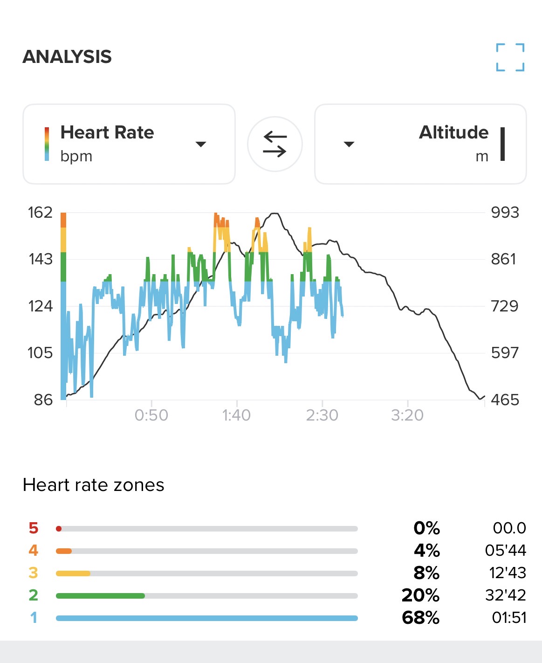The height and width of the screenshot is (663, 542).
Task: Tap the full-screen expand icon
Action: (510, 57)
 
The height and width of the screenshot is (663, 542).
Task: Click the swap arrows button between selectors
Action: (275, 144)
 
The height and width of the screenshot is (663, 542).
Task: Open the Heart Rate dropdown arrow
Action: (201, 144)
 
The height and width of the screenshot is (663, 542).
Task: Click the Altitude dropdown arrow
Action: (349, 144)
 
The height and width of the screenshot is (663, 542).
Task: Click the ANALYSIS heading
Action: (67, 57)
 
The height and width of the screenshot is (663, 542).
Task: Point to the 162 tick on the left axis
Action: (40, 213)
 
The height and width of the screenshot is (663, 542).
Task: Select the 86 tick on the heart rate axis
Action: (43, 400)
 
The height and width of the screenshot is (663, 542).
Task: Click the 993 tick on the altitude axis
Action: (505, 213)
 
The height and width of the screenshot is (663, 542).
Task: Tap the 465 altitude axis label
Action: (505, 400)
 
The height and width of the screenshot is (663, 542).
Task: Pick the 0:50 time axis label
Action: (151, 415)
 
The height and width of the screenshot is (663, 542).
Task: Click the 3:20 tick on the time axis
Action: (407, 415)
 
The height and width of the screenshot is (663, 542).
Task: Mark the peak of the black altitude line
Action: (274, 214)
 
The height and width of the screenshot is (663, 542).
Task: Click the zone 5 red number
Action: (33, 528)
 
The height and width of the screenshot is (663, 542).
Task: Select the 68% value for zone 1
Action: (420, 618)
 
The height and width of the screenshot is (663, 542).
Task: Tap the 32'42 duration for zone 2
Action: (505, 595)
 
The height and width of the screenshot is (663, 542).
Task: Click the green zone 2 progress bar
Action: (100, 596)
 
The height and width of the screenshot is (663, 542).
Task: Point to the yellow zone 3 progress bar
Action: (73, 573)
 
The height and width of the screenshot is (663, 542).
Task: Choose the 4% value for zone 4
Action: (426, 551)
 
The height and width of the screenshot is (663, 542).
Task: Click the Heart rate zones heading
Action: (93, 485)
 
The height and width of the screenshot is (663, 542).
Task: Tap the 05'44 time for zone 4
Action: (505, 551)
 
